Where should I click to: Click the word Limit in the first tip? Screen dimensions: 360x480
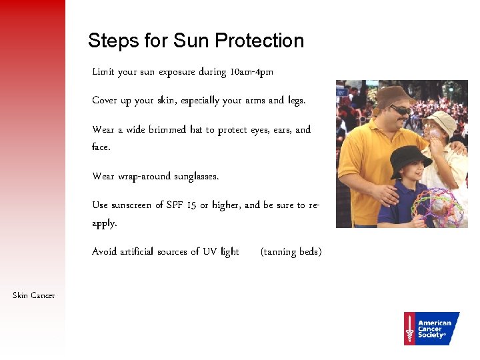tap(103, 72)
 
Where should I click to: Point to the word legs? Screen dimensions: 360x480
tap(296, 101)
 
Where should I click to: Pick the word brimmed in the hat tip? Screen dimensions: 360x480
tap(167, 130)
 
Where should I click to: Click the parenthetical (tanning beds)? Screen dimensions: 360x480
tap(291, 252)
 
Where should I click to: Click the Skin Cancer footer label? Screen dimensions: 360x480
tap(34, 295)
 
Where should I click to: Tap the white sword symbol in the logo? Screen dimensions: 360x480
tap(409, 329)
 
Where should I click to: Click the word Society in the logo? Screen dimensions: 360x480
tap(431, 335)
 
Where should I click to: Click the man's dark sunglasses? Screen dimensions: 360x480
tap(399, 109)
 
